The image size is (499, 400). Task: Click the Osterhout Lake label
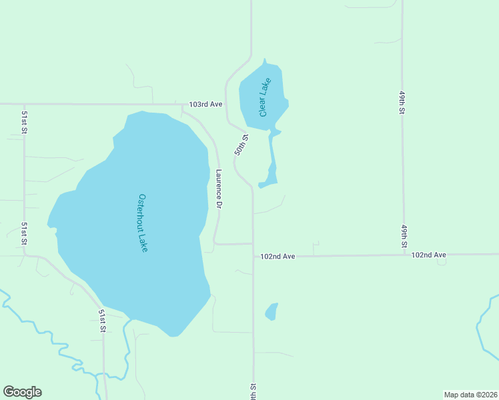coord(143,223)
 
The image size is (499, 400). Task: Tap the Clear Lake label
coord(266,98)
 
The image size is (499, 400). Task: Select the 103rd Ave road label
coord(205,105)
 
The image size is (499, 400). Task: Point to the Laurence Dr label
coord(218,189)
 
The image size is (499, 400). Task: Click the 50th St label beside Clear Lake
coord(241,145)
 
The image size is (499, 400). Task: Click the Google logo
coord(22,392)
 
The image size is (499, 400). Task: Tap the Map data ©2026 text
coord(470,394)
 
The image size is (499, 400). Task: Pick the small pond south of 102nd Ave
coord(272,311)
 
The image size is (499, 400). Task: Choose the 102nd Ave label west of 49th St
coord(278,256)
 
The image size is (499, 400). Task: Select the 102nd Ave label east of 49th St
coord(428,255)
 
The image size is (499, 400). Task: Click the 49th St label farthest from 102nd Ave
coord(403,104)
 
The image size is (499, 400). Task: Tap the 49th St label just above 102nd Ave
coord(404,236)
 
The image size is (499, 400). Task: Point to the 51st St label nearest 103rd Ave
coord(24,123)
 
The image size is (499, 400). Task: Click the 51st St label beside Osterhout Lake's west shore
coord(24,234)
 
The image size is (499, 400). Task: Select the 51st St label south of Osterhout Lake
coord(103,321)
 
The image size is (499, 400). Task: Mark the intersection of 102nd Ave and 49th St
coord(404,255)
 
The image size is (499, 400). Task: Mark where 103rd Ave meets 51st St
coord(24,104)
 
